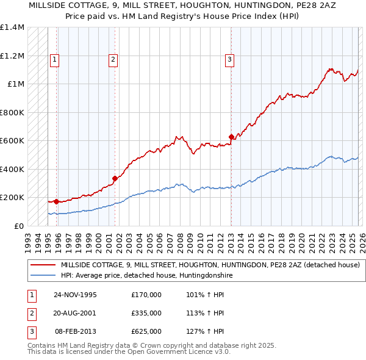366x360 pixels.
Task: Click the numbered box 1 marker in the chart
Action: [x=55, y=60]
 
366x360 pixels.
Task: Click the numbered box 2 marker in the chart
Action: [x=113, y=60]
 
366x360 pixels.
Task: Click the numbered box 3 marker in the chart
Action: [x=229, y=60]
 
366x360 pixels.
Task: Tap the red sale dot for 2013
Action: [x=231, y=137]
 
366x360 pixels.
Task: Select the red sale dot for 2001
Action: [x=114, y=178]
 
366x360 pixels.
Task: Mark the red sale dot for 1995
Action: [x=56, y=201]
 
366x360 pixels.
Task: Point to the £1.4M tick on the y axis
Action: [x=12, y=27]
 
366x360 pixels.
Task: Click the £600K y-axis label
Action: [x=12, y=140]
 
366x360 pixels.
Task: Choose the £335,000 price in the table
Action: [x=146, y=313]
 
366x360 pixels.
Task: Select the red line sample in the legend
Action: [x=42, y=265]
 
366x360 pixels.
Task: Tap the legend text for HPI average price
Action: [x=147, y=276]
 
